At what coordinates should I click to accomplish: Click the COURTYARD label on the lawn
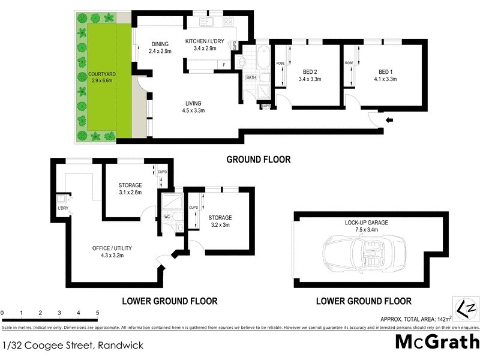click(102, 76)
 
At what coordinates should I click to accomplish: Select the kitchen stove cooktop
click(229, 22)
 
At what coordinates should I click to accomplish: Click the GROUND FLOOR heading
click(258, 160)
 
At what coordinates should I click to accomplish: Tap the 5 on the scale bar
click(97, 313)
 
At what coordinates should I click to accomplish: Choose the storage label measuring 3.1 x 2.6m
click(130, 189)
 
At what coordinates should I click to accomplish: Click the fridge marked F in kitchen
click(224, 64)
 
